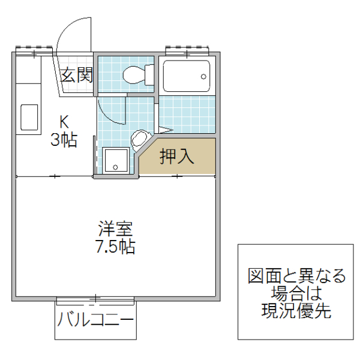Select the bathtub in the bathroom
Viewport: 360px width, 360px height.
click(x=186, y=77)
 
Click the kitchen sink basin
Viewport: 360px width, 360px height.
click(x=29, y=117)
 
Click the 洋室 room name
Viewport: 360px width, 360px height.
click(x=115, y=229)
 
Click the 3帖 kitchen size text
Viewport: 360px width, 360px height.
click(x=63, y=141)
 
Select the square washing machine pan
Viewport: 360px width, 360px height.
click(x=115, y=161)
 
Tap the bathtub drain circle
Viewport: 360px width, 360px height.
click(x=203, y=77)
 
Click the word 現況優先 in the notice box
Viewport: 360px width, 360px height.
click(x=296, y=311)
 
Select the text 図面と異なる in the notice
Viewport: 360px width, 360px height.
click(x=296, y=277)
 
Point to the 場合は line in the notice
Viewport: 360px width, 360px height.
click(x=296, y=294)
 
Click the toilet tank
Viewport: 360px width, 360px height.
click(x=148, y=75)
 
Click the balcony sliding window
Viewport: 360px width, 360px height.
click(x=96, y=298)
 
